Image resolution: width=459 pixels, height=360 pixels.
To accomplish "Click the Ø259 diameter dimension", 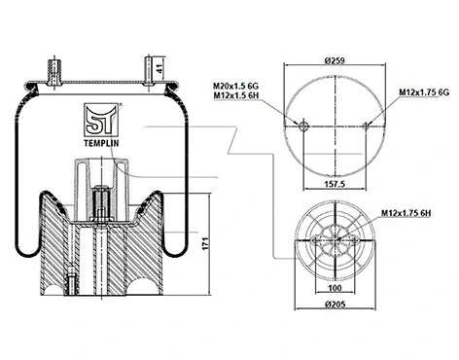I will click(x=335, y=60).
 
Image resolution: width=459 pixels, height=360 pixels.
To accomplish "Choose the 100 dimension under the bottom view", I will click(x=335, y=289).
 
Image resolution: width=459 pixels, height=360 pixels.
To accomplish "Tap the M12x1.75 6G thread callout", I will click(x=422, y=91).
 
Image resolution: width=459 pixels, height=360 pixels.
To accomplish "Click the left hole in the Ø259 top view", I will click(x=303, y=126).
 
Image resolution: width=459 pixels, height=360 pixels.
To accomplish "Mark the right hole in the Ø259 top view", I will click(x=367, y=126).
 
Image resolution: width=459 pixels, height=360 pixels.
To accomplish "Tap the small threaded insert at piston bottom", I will click(x=74, y=286).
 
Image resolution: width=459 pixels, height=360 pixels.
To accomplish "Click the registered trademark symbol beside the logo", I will click(x=121, y=103).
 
